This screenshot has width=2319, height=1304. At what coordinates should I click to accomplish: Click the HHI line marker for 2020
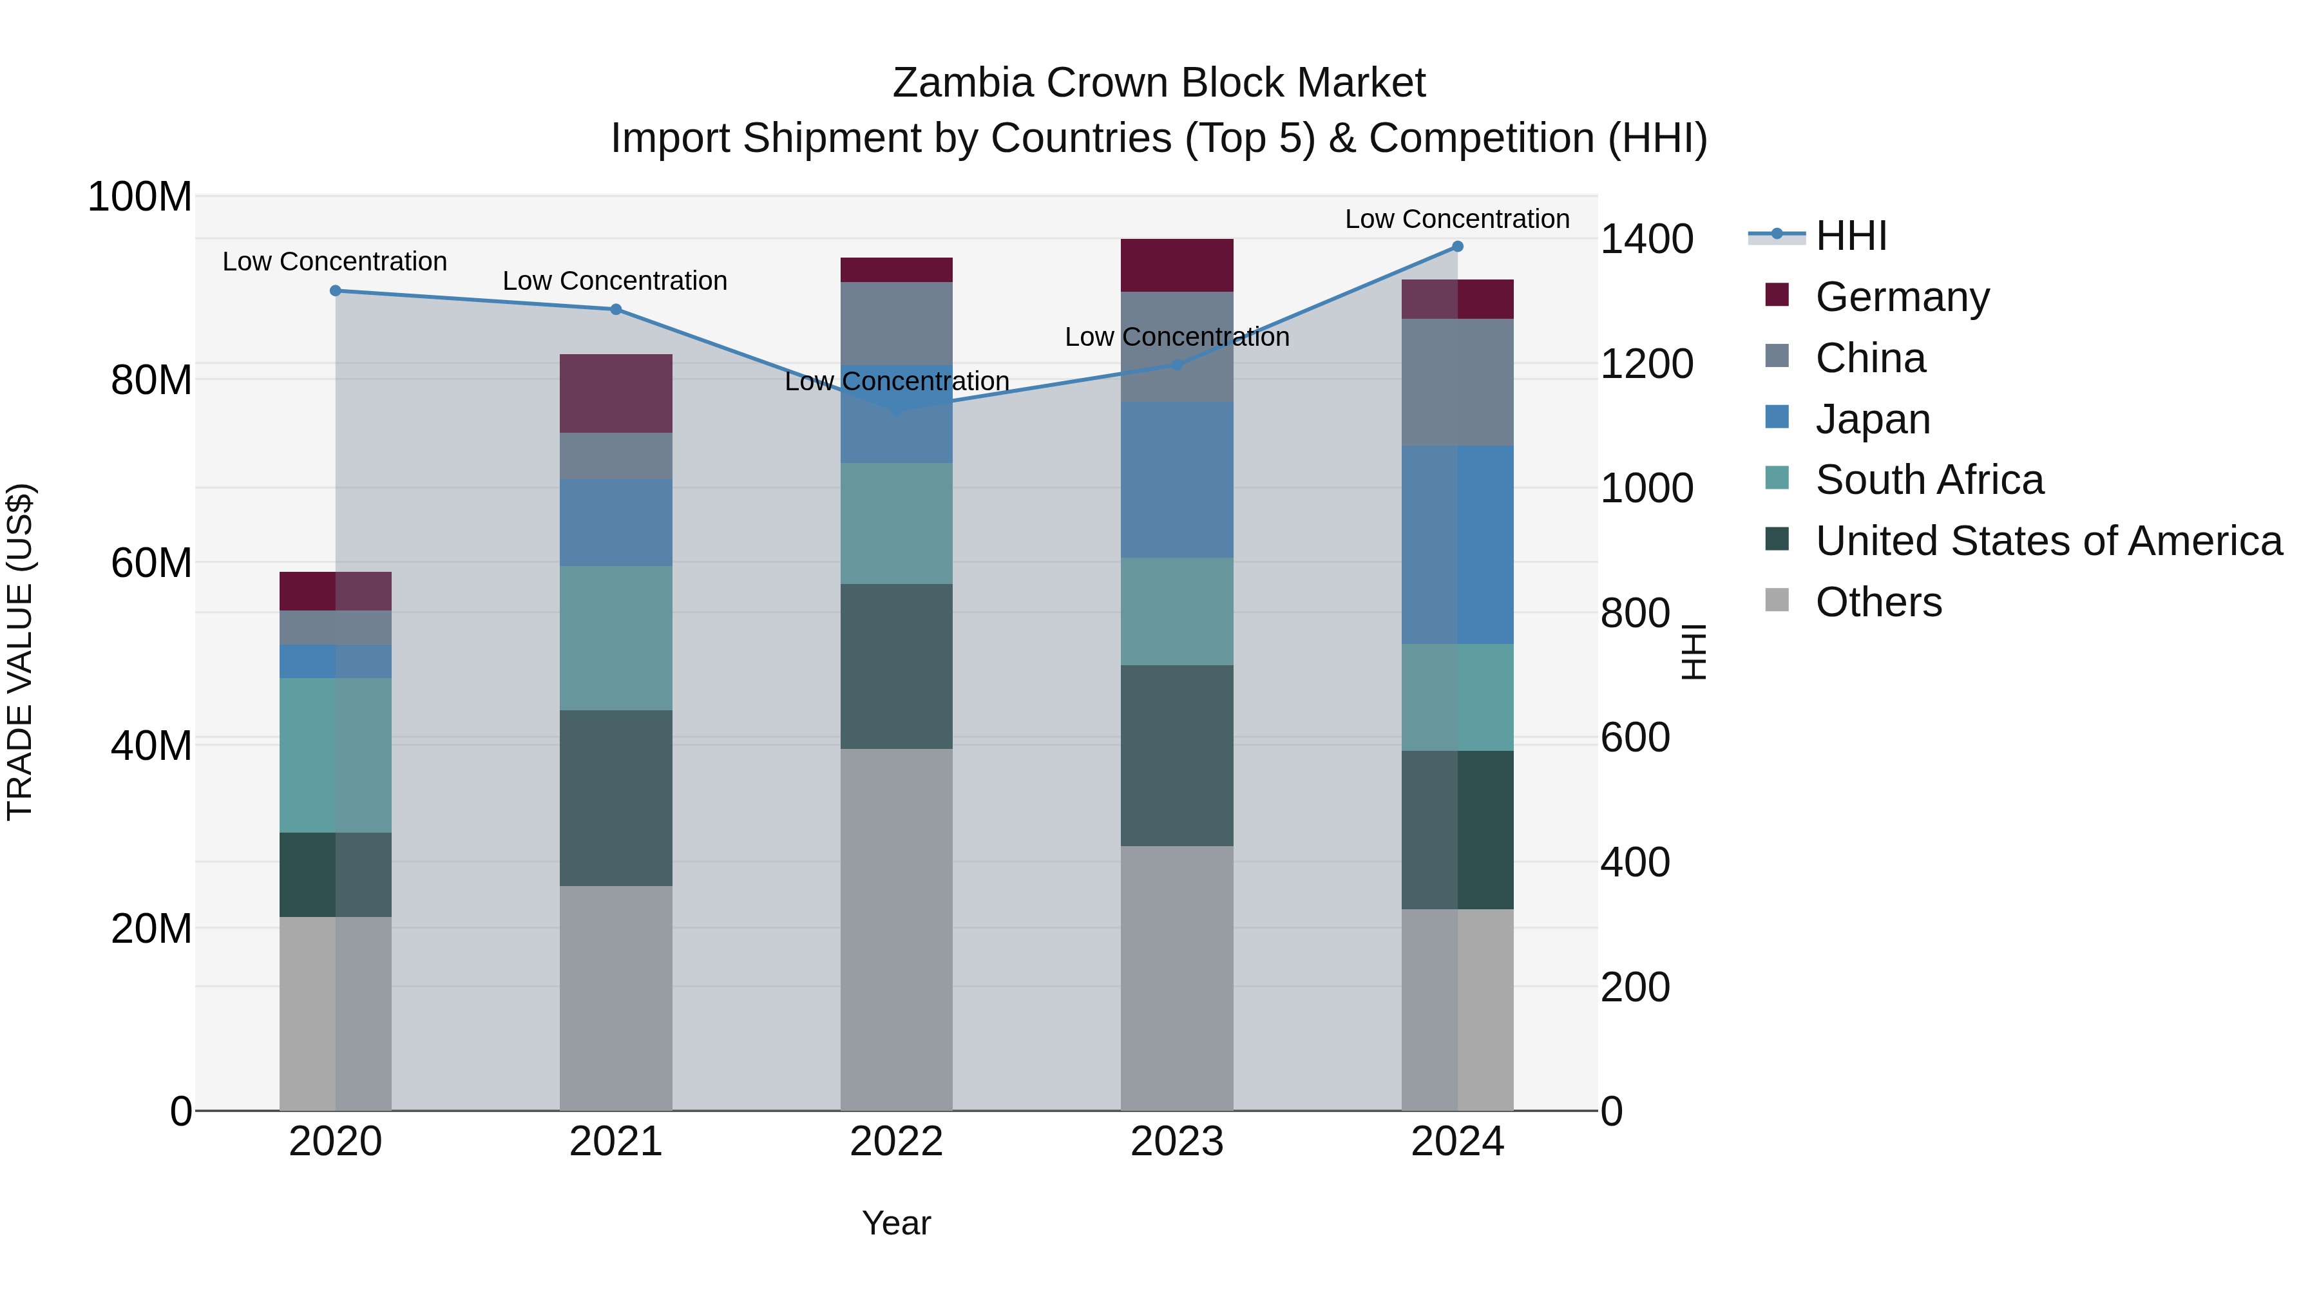pos(336,290)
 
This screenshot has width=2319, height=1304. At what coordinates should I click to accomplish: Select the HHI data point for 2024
pos(1458,247)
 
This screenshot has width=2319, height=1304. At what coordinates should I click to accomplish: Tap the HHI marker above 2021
pos(616,310)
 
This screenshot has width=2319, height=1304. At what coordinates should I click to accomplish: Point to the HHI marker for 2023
pos(1177,364)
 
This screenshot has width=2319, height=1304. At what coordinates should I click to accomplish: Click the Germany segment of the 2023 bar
pos(1177,265)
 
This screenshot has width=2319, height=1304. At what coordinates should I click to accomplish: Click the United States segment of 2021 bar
pos(616,798)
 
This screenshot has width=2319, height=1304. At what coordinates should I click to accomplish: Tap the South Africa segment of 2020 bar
pos(336,755)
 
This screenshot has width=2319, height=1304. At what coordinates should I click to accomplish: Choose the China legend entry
pos(1870,358)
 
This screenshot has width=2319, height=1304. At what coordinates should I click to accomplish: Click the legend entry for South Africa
pos(1928,480)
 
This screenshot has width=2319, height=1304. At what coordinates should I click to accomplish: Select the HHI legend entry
pos(1850,236)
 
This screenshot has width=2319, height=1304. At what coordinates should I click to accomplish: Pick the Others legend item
pos(1878,602)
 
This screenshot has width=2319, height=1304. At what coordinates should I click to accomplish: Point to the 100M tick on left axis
pos(140,196)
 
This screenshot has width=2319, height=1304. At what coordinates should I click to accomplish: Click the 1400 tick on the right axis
pos(1646,240)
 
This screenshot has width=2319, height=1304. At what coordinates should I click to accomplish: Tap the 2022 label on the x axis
pos(896,1142)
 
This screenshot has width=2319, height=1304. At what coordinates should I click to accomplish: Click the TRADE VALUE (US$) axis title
pos(20,652)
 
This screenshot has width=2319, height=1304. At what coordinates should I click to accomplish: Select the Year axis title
pos(896,1223)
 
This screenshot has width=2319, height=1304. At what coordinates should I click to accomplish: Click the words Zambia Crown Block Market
pos(1159,83)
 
